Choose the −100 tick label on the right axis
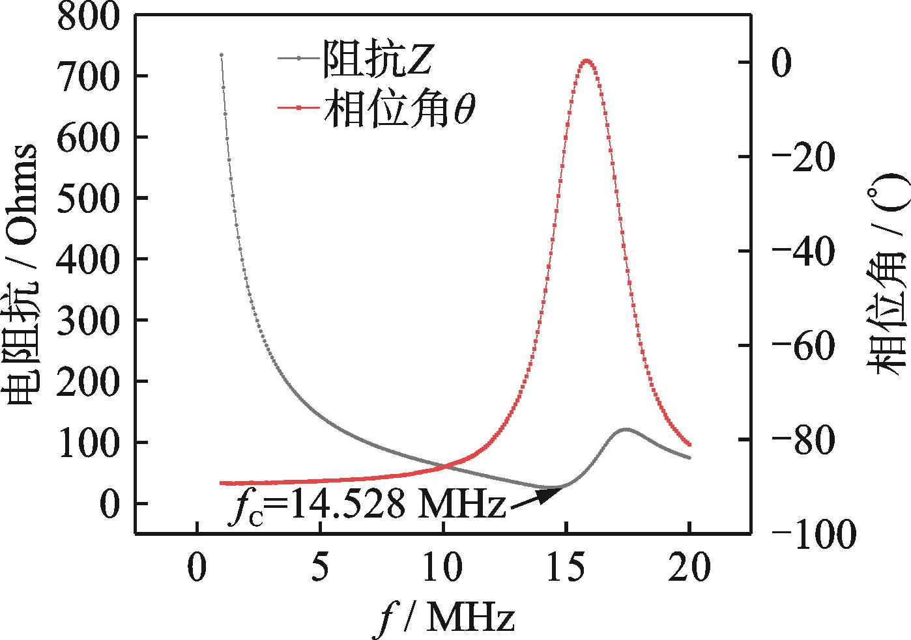[812, 535]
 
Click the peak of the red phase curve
[586, 61]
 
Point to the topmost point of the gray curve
[222, 55]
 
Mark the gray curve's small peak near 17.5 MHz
[626, 429]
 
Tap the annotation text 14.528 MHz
[394, 505]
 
